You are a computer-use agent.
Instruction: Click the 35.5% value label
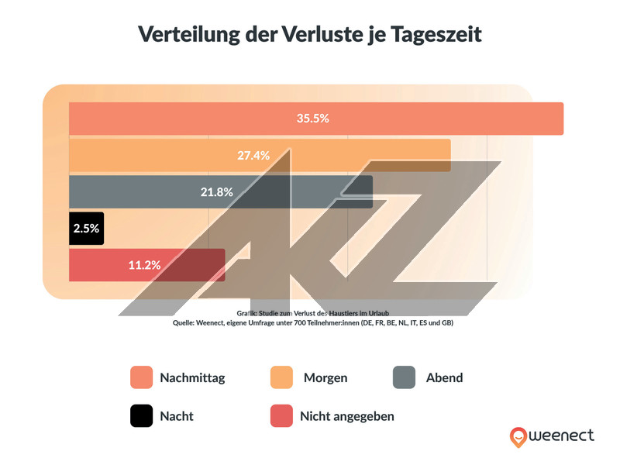click(x=313, y=119)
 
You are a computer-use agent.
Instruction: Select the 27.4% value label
click(x=253, y=155)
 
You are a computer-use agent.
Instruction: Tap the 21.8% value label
click(x=216, y=191)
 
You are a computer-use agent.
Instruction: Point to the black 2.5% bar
click(x=86, y=229)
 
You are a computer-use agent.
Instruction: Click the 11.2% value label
click(x=144, y=265)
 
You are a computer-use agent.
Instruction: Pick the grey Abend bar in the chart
click(x=294, y=191)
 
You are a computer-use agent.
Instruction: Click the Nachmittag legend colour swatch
click(x=142, y=377)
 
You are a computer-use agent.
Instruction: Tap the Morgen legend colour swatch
click(x=281, y=377)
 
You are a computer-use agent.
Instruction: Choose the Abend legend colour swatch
click(x=405, y=377)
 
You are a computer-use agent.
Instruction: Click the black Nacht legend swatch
click(x=142, y=416)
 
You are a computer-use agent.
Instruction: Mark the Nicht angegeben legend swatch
click(x=281, y=416)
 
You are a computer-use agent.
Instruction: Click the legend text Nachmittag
click(x=192, y=378)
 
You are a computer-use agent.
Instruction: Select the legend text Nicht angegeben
click(x=347, y=416)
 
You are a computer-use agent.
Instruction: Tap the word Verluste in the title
click(x=310, y=35)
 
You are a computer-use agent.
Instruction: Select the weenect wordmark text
click(x=563, y=436)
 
